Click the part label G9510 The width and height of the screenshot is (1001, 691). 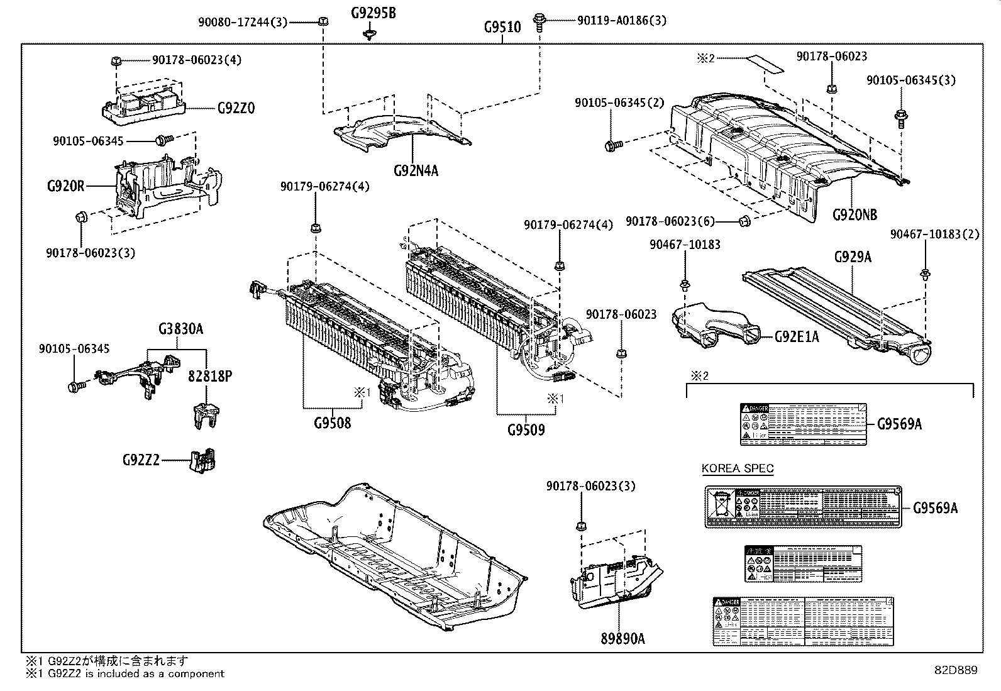click(502, 28)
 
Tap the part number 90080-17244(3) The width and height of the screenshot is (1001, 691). click(242, 22)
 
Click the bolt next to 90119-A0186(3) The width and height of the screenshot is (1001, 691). click(539, 22)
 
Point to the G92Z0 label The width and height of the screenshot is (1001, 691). click(236, 108)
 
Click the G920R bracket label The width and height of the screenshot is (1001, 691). click(65, 186)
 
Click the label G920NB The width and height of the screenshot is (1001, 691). click(854, 214)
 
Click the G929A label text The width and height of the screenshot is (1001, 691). click(853, 257)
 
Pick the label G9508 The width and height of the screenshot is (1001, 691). click(332, 423)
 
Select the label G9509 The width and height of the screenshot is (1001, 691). click(526, 430)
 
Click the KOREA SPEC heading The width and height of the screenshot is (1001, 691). click(738, 468)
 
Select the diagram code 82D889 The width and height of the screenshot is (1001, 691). click(955, 671)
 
